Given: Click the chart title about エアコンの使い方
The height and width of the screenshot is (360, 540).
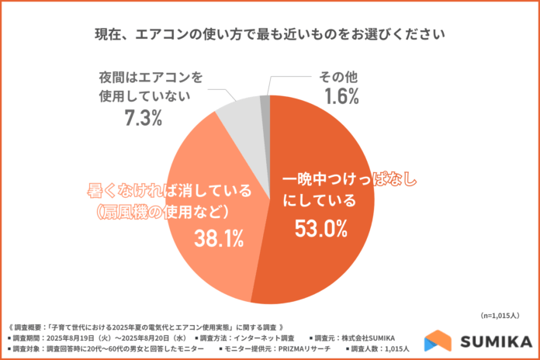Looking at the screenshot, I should tap(270, 35).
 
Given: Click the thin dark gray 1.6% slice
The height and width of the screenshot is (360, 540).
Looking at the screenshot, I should tap(265, 102).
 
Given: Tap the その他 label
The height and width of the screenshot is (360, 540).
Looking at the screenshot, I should tap(335, 77).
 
